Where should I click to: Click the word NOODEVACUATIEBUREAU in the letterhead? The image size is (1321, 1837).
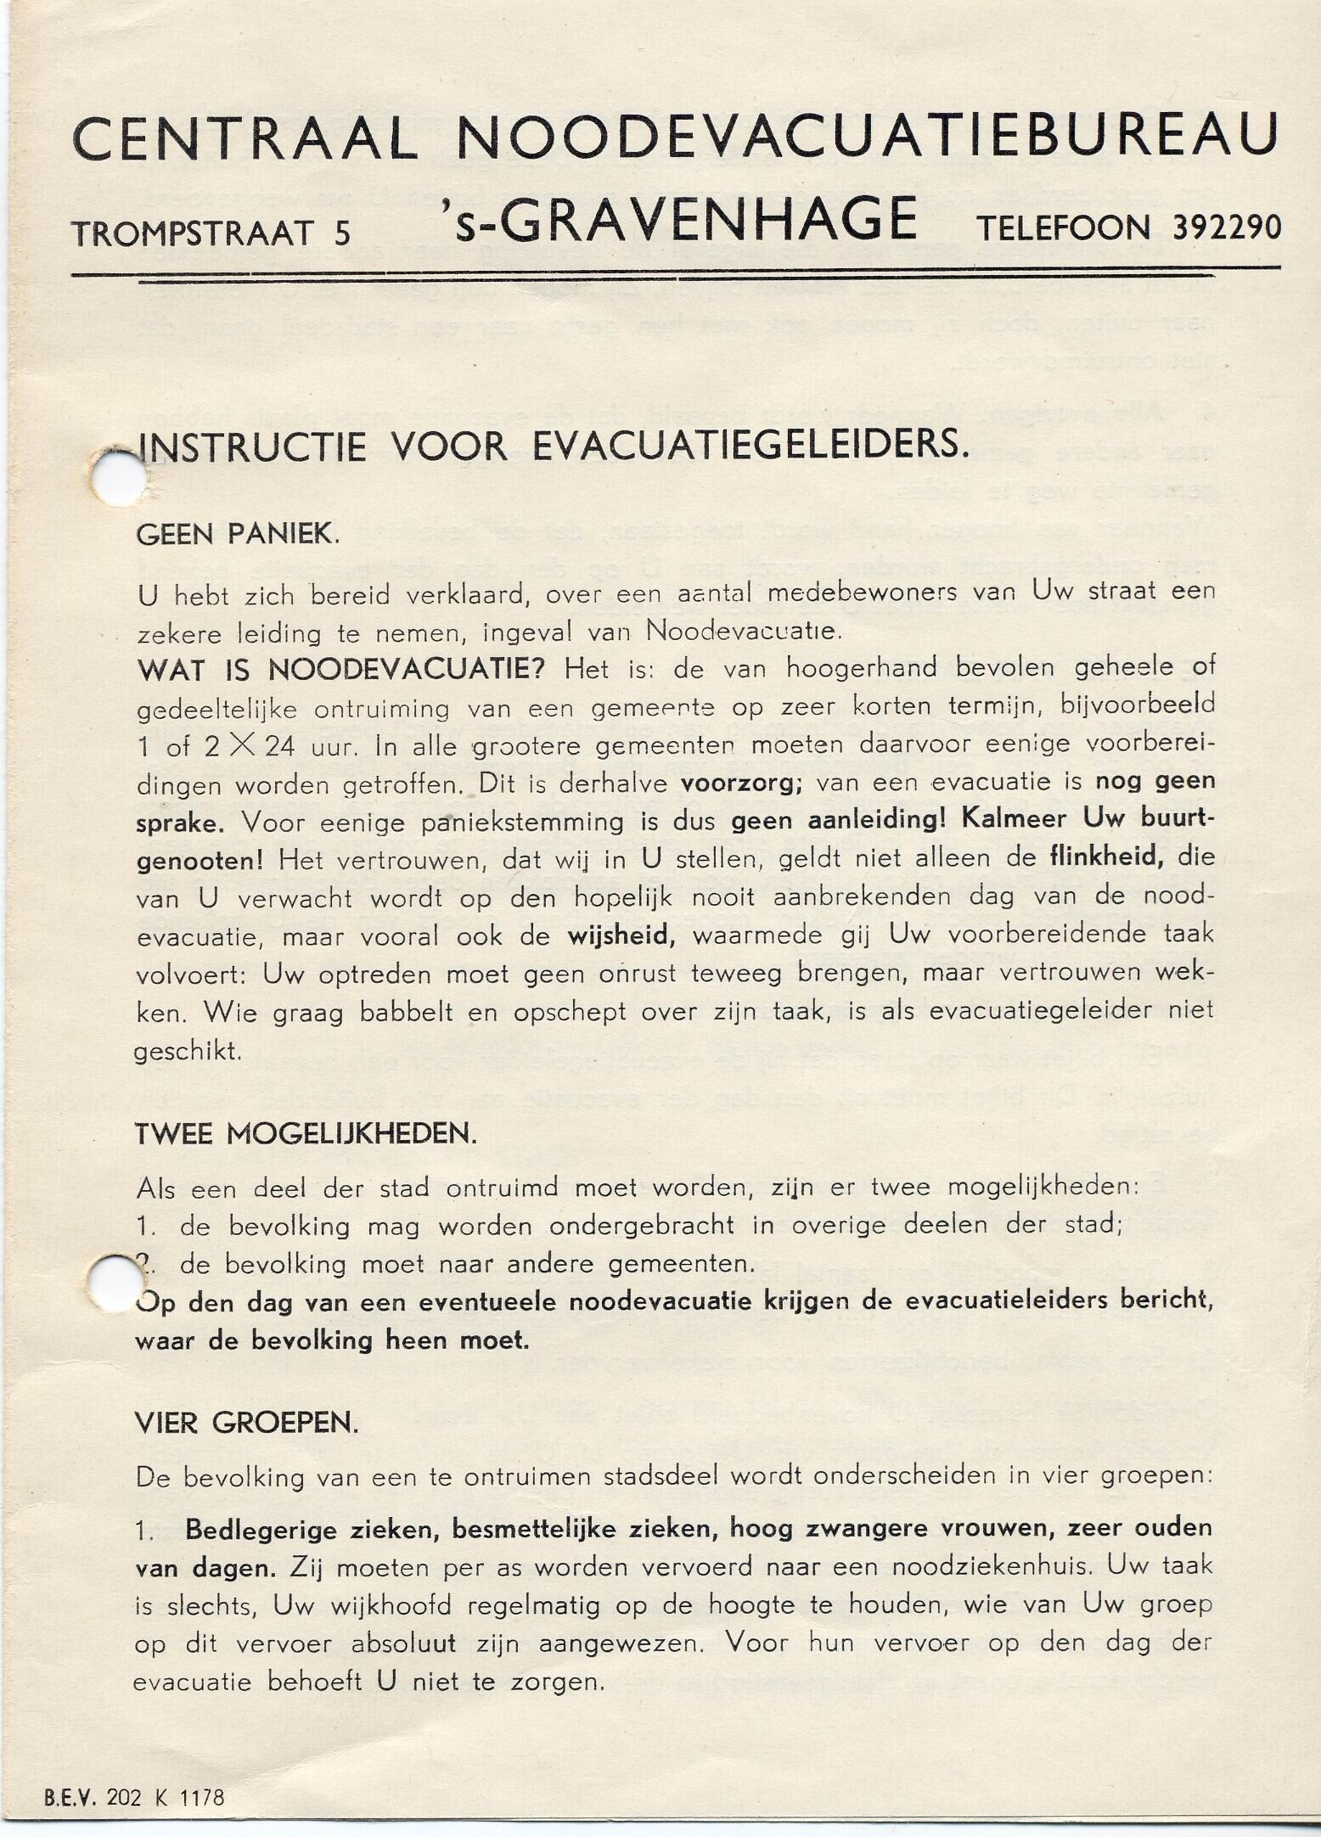pyautogui.click(x=866, y=135)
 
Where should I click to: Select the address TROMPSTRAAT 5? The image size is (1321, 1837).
pyautogui.click(x=211, y=233)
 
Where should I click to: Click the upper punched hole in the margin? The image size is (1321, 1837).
pyautogui.click(x=117, y=478)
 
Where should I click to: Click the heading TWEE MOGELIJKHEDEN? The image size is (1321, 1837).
pyautogui.click(x=306, y=1136)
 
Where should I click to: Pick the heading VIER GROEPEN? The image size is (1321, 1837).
pyautogui.click(x=246, y=1424)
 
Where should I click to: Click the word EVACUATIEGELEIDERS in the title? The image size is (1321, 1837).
pyautogui.click(x=750, y=446)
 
